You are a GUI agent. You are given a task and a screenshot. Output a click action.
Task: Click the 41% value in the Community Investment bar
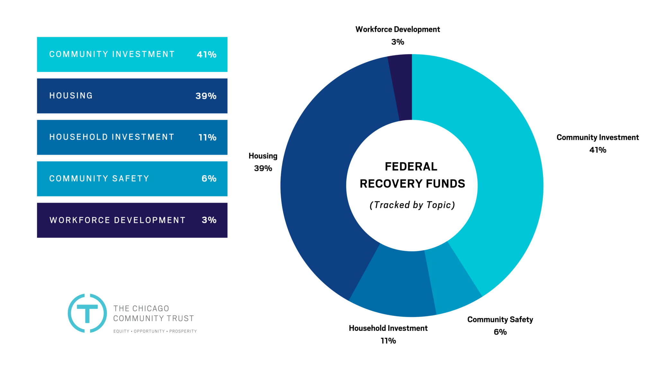[207, 55]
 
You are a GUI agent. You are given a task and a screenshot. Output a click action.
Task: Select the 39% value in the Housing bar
[206, 96]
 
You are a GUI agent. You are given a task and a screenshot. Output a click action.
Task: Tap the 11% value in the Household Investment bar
[207, 137]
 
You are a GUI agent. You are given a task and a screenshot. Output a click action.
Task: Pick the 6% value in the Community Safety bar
[209, 179]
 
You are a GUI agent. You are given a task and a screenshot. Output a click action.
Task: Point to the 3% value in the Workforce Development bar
[209, 220]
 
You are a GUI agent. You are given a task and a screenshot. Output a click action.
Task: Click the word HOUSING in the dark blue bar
[71, 96]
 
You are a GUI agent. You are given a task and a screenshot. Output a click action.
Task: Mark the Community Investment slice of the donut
[501, 161]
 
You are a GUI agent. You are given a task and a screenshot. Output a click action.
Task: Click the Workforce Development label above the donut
[397, 30]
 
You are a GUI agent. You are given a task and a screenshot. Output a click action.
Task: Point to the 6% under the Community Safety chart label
[500, 332]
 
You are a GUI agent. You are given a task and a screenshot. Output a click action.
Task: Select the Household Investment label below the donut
[388, 328]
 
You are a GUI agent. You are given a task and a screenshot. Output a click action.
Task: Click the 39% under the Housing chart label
[263, 168]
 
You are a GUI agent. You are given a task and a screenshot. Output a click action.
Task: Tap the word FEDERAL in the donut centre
[411, 167]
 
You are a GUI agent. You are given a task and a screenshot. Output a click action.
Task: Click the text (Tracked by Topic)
[412, 205]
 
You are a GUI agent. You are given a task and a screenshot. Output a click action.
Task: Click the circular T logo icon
[87, 313]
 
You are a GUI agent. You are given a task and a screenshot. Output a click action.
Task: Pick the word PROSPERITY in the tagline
[183, 331]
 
